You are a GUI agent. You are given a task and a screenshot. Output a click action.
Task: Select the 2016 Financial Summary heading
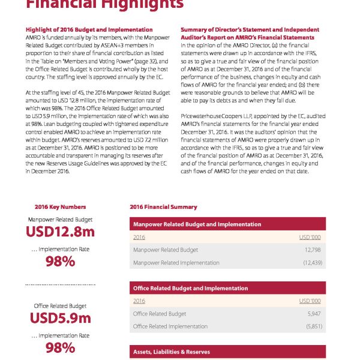[163, 207]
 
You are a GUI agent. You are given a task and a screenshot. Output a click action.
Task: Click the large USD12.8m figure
[60, 230]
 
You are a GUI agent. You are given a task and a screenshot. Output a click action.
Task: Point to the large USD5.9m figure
[60, 318]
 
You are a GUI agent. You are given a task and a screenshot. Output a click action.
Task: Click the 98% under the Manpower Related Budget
[60, 262]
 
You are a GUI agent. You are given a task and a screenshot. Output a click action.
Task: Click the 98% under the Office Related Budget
[60, 348]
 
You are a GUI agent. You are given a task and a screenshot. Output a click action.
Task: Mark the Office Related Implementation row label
[170, 326]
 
